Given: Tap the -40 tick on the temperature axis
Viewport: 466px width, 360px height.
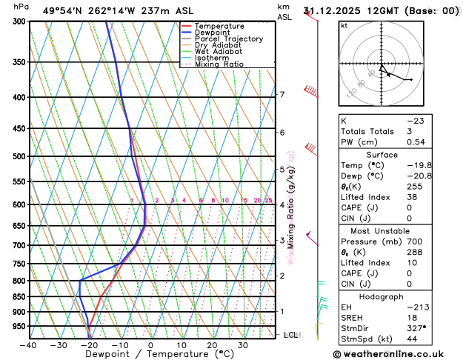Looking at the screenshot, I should (x=28, y=345).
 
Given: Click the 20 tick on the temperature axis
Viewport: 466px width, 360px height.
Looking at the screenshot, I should (x=212, y=345).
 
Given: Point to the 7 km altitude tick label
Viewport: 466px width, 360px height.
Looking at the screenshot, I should (x=282, y=94).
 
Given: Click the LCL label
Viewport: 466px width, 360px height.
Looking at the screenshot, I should (x=291, y=335).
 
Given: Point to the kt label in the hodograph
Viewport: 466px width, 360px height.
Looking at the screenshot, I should (x=344, y=25).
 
